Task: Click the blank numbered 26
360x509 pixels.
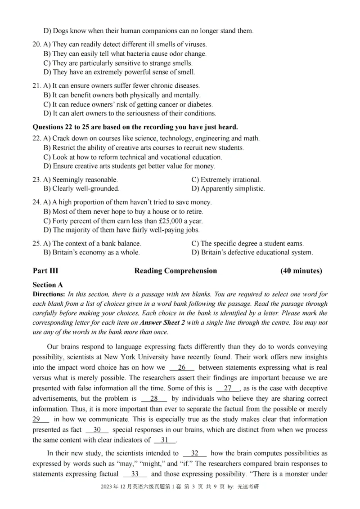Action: [182, 368]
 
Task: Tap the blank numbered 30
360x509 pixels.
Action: [97, 430]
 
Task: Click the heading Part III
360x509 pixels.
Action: [45, 271]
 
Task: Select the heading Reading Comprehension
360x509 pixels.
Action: [175, 271]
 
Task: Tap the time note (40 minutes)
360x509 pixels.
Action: [301, 271]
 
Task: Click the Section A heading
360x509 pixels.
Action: [48, 285]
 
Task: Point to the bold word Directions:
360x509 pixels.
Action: [50, 295]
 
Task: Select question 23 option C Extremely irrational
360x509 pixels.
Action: [226, 179]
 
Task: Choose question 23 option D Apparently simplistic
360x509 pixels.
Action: [228, 189]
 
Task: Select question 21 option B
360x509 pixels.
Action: [121, 95]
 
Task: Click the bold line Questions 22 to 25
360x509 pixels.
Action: [135, 127]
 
